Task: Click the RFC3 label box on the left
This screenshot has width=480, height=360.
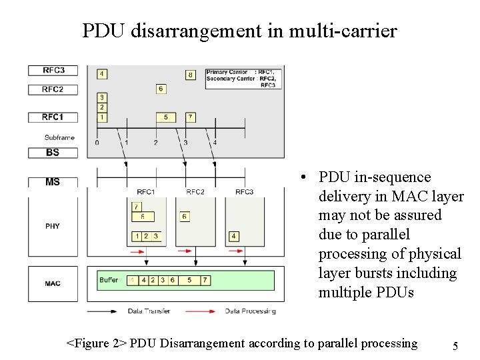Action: tap(53, 70)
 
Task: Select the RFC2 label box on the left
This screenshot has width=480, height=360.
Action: tap(53, 89)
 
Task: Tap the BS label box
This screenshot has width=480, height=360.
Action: tap(53, 153)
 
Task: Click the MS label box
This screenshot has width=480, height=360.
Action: tap(53, 181)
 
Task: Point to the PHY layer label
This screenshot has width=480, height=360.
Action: tap(53, 226)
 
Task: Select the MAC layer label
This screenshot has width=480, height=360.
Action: tap(53, 283)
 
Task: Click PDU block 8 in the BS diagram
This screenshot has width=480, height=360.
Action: tap(190, 75)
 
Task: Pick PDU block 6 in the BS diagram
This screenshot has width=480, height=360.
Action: tap(161, 89)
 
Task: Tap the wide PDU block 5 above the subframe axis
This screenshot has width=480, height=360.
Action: tap(165, 117)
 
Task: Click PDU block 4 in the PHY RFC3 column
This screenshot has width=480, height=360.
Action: tap(233, 236)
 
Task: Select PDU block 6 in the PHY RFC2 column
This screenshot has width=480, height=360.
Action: tap(185, 217)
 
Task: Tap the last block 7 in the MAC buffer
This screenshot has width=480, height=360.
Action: tap(205, 280)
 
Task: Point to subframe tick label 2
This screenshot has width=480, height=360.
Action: tap(155, 142)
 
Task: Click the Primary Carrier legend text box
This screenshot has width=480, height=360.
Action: tap(244, 78)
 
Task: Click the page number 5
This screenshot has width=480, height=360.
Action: tap(455, 346)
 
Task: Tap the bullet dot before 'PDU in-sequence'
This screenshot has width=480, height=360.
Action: tap(303, 178)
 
